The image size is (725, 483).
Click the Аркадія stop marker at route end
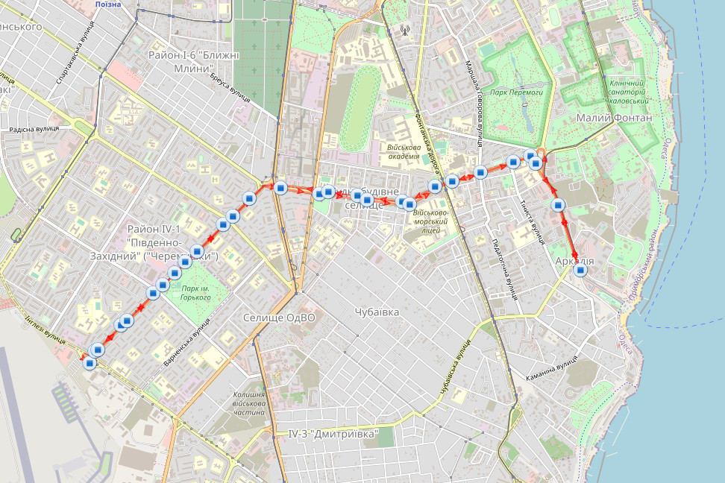pos(580,271)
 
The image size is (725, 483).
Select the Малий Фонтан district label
pos(614,118)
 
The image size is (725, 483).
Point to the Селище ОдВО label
pos(279,318)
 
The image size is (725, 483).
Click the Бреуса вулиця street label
pos(230,88)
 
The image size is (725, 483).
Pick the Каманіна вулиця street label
pos(554,365)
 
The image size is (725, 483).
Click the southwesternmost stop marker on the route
pos(90,364)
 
